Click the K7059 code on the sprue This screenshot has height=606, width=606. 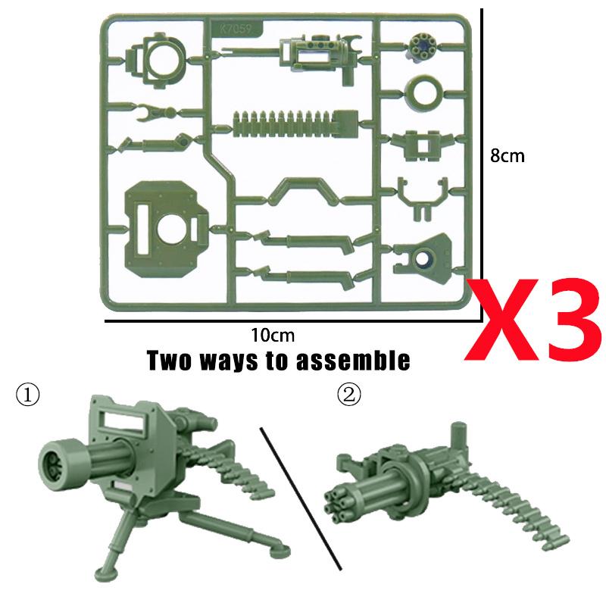click(236, 29)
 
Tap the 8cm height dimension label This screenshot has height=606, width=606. click(507, 156)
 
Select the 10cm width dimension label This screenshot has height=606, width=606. click(273, 335)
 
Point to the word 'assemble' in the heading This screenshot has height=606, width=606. click(353, 361)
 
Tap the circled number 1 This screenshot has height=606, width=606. click(27, 395)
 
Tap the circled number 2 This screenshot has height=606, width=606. click(349, 395)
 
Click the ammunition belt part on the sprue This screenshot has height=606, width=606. click(295, 123)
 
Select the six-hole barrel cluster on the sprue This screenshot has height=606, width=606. click(421, 45)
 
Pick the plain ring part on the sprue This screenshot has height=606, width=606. click(423, 92)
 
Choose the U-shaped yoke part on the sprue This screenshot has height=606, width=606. click(423, 199)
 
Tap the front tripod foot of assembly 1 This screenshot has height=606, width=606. click(103, 573)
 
